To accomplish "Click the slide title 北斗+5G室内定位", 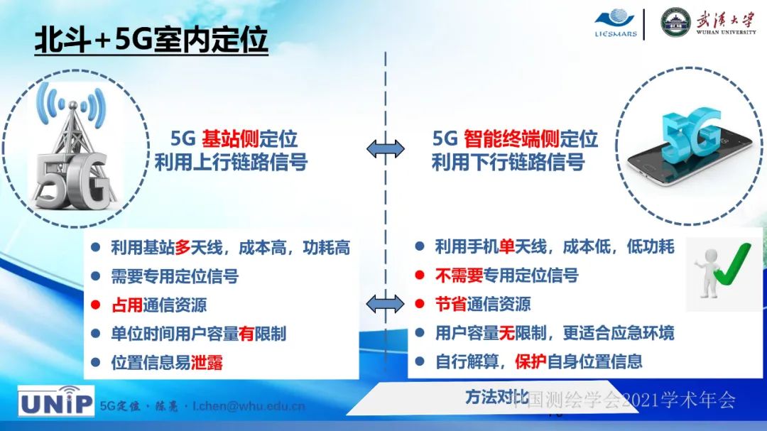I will coord(151,40).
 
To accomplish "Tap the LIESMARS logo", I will coord(615,23).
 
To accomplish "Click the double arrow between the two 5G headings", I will coord(386,148).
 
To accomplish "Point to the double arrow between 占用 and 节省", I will coord(386,304).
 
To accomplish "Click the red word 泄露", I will coord(207,362).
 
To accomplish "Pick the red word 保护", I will coord(531,361).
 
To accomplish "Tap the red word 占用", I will coord(126,305).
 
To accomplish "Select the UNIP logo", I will coord(55,402).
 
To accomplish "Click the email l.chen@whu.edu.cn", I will coord(249,406).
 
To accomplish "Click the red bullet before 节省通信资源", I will coord(420,305).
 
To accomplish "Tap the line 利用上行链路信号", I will coord(231,162).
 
